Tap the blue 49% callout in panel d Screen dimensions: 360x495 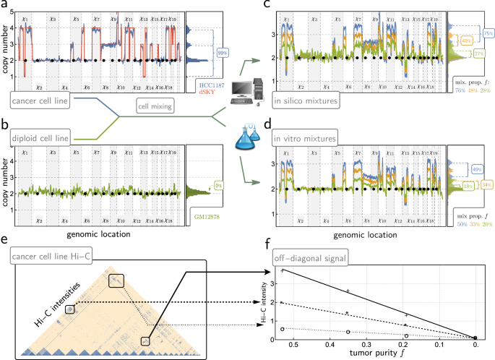click(x=478, y=169)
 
